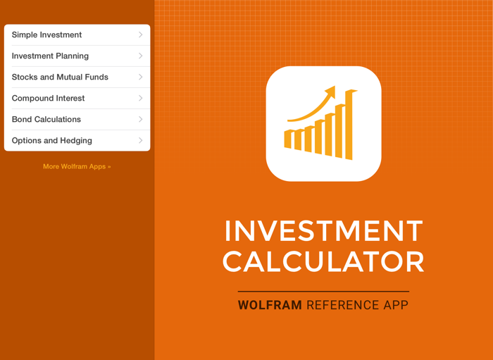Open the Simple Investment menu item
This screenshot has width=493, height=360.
coord(46,35)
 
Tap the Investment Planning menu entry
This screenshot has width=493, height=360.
coord(50,56)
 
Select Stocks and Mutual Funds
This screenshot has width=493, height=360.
coord(60,77)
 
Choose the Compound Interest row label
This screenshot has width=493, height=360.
coord(48,98)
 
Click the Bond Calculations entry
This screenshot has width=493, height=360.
coord(46,119)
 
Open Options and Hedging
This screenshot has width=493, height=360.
coord(51,140)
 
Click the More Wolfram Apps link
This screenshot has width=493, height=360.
coord(77,167)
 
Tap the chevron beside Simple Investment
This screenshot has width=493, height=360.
coord(140,35)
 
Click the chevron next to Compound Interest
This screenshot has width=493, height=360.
coord(140,98)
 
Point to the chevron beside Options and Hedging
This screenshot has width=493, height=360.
coord(140,140)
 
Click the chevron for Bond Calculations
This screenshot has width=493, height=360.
coord(140,119)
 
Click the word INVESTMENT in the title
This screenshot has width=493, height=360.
coord(323,231)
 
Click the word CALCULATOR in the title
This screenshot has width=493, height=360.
coord(323,262)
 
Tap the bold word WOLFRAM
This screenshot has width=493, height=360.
coord(270,306)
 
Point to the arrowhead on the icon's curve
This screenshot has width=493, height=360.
coord(330,92)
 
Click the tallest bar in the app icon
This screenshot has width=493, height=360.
coord(349,125)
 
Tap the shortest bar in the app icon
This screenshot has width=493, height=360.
coord(287,139)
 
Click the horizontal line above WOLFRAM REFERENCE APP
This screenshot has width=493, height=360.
coord(323,291)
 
